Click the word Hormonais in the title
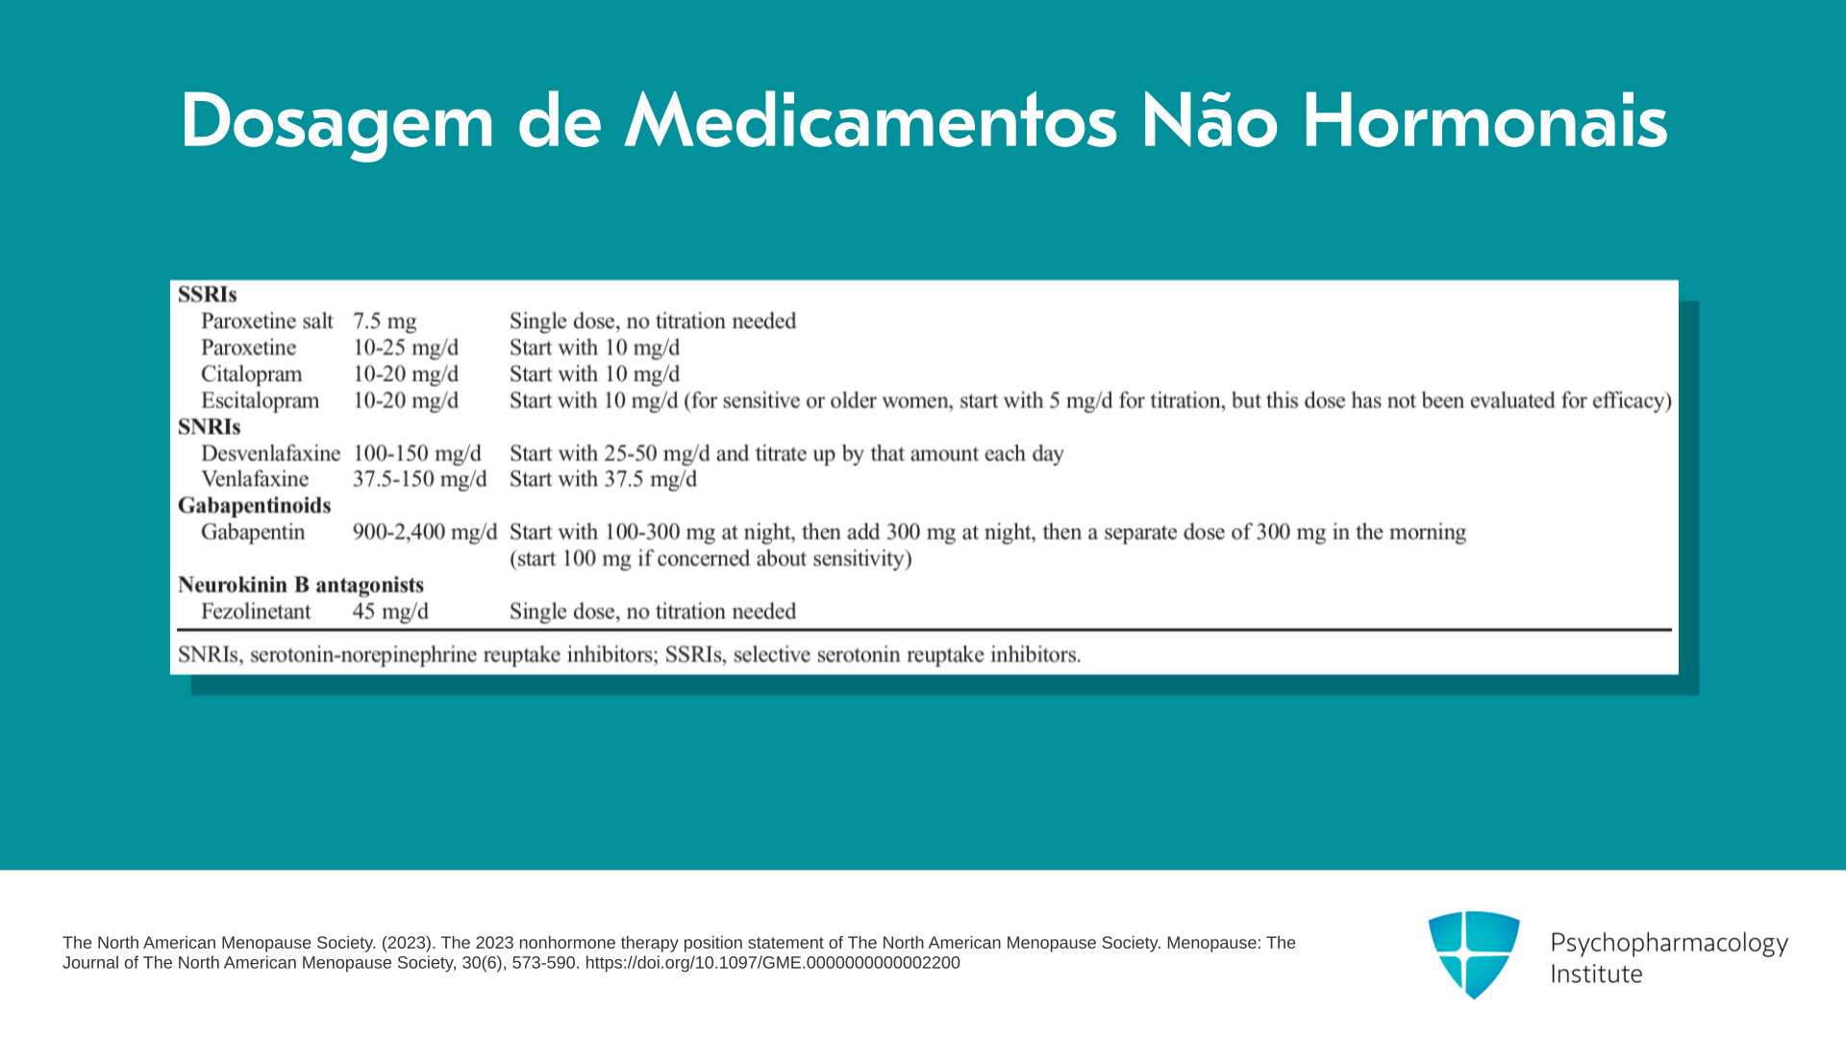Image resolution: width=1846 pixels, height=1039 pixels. pyautogui.click(x=1484, y=122)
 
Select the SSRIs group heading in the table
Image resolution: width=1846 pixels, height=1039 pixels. pyautogui.click(x=207, y=294)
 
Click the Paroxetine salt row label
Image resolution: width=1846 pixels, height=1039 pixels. pyautogui.click(x=266, y=321)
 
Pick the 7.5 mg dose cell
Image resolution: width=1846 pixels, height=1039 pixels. pyautogui.click(x=385, y=322)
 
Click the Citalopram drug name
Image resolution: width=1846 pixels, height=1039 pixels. pyautogui.click(x=251, y=374)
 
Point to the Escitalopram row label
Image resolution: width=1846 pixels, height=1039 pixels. pyautogui.click(x=260, y=401)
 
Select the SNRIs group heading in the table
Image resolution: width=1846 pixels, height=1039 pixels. pyautogui.click(x=209, y=427)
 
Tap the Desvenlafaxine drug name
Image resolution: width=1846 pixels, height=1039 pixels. pyautogui.click(x=270, y=453)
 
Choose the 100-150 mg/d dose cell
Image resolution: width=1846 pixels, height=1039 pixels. pyautogui.click(x=416, y=454)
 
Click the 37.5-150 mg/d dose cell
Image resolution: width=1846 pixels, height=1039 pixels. pyautogui.click(x=419, y=480)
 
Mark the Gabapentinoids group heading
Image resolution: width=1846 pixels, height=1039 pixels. pyautogui.click(x=254, y=506)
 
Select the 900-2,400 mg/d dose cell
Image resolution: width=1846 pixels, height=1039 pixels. pyautogui.click(x=425, y=533)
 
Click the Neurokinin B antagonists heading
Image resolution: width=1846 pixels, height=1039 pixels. pyautogui.click(x=301, y=586)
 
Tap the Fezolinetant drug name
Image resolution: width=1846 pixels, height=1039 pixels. pyautogui.click(x=256, y=612)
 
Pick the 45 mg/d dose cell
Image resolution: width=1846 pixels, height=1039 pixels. pyautogui.click(x=390, y=613)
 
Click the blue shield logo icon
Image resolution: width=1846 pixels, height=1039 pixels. pyautogui.click(x=1474, y=954)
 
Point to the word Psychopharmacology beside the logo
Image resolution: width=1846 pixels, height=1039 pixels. pyautogui.click(x=1669, y=944)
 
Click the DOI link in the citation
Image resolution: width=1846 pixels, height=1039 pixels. pyautogui.click(x=772, y=963)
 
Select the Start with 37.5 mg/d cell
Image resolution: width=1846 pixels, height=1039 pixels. pyautogui.click(x=603, y=480)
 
